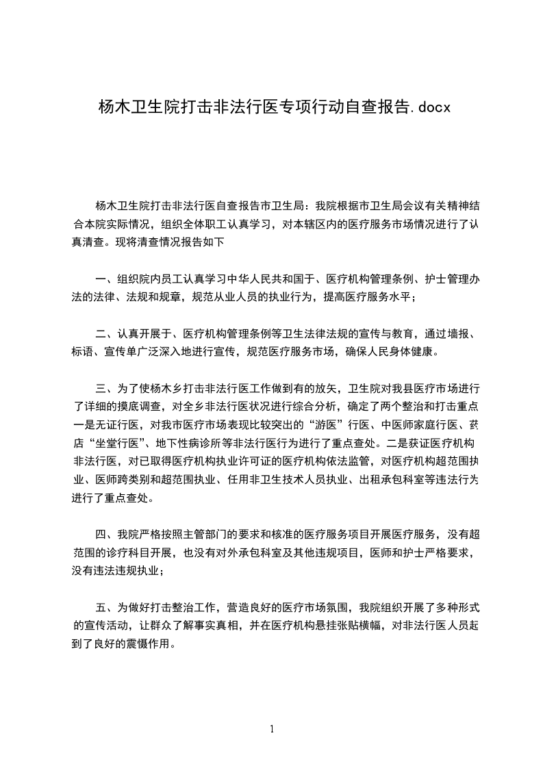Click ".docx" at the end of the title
(430, 107)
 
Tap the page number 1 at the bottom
(272, 729)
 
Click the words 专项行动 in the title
(307, 107)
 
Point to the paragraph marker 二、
(105, 334)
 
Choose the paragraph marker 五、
(105, 607)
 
